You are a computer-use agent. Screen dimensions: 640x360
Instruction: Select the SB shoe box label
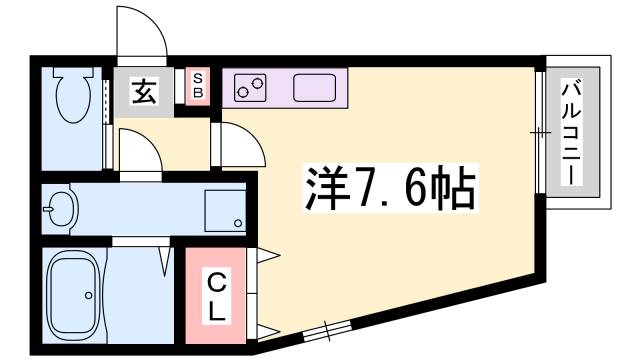pos(198,85)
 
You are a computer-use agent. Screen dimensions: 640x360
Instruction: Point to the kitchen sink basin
pos(317,88)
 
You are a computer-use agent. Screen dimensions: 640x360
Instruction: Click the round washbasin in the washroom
pos(60,210)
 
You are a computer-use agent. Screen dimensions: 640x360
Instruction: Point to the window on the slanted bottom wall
pos(327,329)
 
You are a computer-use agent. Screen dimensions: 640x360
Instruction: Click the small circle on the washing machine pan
pos(238,222)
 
